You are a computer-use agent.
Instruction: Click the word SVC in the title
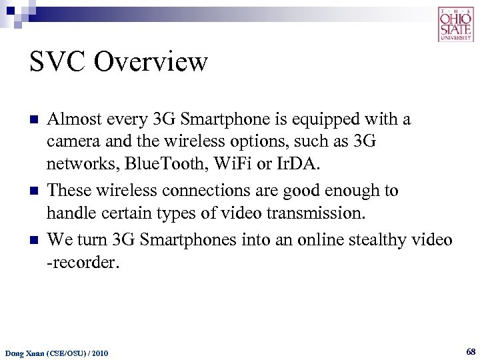tap(58, 63)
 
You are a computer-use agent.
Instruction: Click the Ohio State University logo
tap(456, 24)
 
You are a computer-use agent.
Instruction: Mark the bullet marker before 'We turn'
tap(33, 240)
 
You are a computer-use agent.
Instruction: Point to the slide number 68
tap(471, 351)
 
